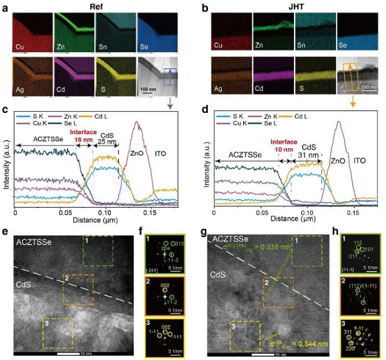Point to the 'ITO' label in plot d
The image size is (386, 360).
[x=359, y=161]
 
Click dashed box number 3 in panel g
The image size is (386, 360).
[x=245, y=336]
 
